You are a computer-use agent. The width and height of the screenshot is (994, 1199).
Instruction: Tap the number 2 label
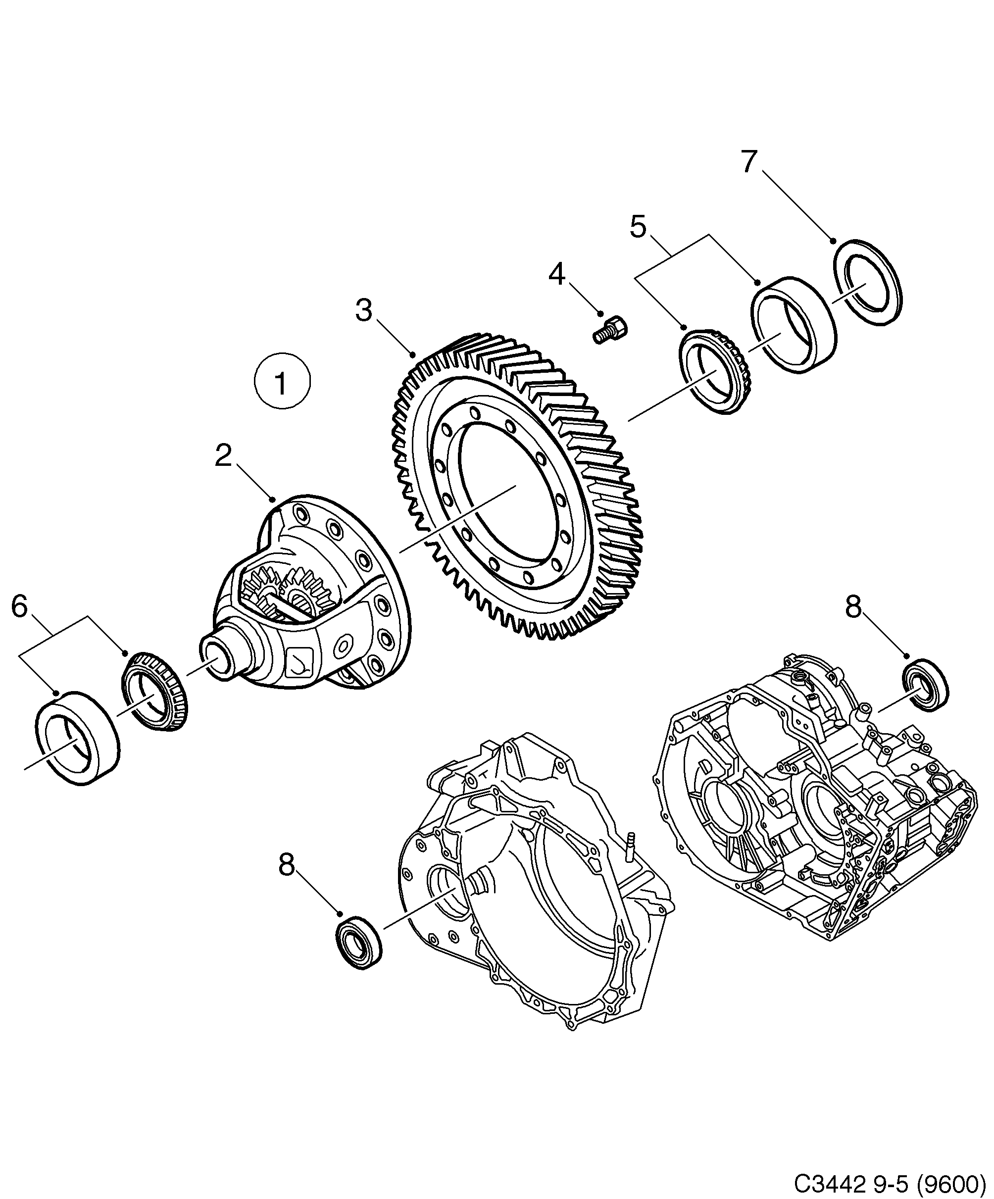click(x=223, y=455)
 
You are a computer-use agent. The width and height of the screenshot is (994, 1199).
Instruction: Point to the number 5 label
click(x=638, y=227)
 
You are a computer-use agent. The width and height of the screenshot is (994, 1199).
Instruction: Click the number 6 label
click(x=19, y=606)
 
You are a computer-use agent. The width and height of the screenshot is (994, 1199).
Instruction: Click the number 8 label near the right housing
click(x=852, y=607)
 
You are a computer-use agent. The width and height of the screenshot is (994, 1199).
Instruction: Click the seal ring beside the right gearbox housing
click(x=924, y=685)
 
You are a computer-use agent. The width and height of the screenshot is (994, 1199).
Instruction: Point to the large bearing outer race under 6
click(x=77, y=738)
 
